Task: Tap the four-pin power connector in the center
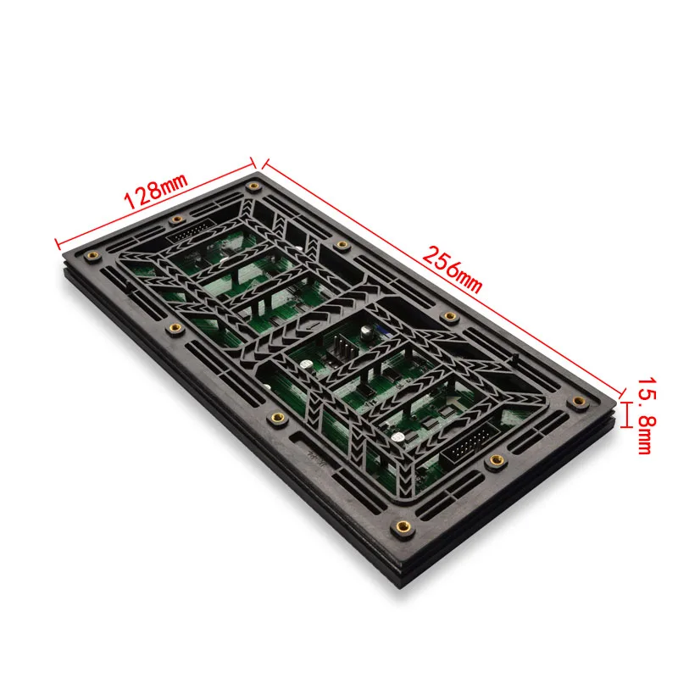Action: (343, 348)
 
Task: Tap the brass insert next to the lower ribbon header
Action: (496, 460)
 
